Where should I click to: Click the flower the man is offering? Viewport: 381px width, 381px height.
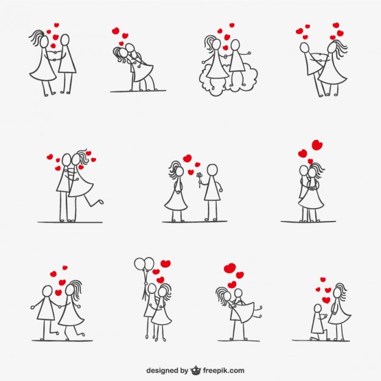[198, 176]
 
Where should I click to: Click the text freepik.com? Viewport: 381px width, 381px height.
[224, 369]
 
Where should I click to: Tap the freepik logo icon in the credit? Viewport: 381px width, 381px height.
[196, 369]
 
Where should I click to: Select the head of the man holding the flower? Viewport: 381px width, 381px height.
[212, 170]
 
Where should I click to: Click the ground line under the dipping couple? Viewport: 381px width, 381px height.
[138, 91]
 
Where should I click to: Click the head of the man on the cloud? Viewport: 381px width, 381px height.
[235, 46]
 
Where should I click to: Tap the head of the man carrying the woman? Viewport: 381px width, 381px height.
[238, 295]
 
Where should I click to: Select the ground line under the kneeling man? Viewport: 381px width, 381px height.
[320, 340]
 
